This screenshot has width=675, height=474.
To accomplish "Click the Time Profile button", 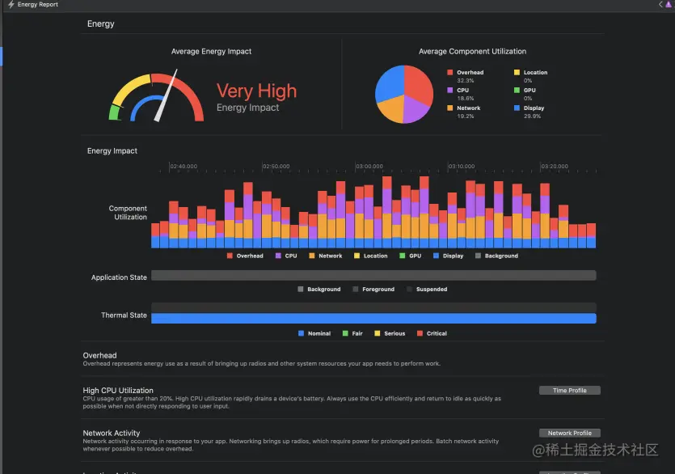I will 569,391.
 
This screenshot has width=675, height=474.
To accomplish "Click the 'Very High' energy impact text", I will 256,91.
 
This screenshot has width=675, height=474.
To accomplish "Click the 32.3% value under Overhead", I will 465,81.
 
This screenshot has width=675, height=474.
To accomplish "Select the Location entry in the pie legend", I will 534,73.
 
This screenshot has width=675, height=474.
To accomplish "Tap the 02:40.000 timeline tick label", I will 184,166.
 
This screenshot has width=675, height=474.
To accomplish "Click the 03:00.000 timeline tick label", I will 369,166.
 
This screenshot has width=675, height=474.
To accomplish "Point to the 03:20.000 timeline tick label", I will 555,166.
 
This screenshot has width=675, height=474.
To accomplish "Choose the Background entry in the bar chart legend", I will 501,256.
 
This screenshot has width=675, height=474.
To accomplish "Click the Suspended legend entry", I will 431,289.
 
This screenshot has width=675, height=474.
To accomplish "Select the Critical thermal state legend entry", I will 437,333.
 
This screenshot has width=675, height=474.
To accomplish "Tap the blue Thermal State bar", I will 373,318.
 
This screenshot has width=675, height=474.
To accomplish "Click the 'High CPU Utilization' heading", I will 118,391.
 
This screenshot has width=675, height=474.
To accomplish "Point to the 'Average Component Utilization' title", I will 472,52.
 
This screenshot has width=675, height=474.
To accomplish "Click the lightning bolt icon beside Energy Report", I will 11,5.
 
